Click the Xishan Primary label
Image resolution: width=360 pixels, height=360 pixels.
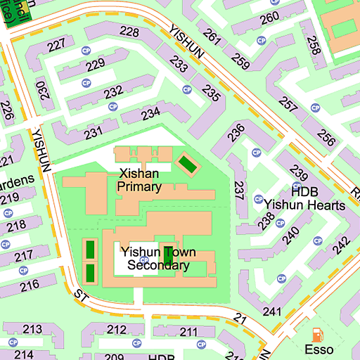[x=140, y=180]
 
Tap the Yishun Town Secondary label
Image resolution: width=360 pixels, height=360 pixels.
[x=158, y=259]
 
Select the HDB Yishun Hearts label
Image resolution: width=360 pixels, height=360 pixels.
[x=304, y=198]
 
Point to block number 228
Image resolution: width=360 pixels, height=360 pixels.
[x=129, y=32]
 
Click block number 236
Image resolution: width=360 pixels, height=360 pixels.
[x=236, y=130]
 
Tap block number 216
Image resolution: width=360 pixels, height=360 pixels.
[x=29, y=285]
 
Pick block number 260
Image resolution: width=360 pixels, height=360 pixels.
[x=269, y=18]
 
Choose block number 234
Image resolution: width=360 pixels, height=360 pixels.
[x=150, y=113]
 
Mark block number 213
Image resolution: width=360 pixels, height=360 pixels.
[x=32, y=329]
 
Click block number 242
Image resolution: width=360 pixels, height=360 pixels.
[x=341, y=245]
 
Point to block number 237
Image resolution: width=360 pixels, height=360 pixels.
[x=239, y=191]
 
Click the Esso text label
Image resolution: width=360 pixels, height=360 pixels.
[x=319, y=349]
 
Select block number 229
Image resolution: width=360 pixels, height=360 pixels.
[x=95, y=66]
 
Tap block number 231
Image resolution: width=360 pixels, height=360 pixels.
[x=92, y=132]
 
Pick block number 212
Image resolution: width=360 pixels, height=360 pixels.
[x=117, y=329]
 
